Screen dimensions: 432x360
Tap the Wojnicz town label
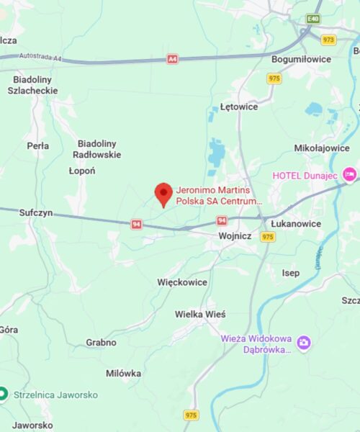pyautogui.click(x=234, y=235)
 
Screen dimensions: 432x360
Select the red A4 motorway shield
pyautogui.click(x=172, y=59)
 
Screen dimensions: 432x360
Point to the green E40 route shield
pyautogui.click(x=312, y=18)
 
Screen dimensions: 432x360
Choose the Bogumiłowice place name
pyautogui.click(x=301, y=58)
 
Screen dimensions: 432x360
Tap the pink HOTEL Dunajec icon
pyautogui.click(x=350, y=174)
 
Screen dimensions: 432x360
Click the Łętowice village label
pyautogui.click(x=239, y=107)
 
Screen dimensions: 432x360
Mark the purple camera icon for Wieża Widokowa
pyautogui.click(x=304, y=343)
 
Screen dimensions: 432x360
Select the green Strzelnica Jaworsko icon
pyautogui.click(x=4, y=394)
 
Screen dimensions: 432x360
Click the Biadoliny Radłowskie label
pyautogui.click(x=99, y=148)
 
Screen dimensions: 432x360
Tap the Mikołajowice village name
pyautogui.click(x=322, y=148)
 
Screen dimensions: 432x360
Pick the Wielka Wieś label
pyautogui.click(x=200, y=315)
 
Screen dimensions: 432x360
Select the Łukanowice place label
pyautogui.click(x=295, y=224)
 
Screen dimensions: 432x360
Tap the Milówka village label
pyautogui.click(x=123, y=373)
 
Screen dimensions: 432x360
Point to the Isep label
pyautogui.click(x=291, y=273)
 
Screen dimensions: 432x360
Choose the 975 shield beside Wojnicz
pyautogui.click(x=268, y=236)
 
